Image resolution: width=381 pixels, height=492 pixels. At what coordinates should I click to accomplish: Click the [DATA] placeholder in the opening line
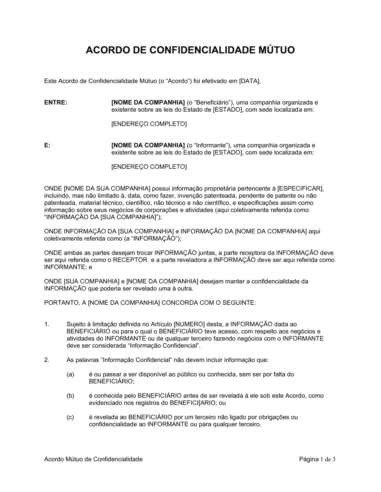point(250,81)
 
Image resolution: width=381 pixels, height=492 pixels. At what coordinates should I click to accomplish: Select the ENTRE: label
point(56,103)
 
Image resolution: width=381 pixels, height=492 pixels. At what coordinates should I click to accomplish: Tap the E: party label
point(47,145)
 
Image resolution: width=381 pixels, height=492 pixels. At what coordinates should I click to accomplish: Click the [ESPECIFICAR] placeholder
point(300,188)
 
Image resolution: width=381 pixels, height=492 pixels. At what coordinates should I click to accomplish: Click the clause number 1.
point(46,324)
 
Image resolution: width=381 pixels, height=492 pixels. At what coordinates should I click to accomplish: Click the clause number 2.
point(46,360)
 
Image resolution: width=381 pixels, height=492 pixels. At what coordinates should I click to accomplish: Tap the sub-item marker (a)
point(70,374)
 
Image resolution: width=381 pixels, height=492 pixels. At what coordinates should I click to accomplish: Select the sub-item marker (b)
point(70,396)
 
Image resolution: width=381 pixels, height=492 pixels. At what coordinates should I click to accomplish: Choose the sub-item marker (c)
point(70,417)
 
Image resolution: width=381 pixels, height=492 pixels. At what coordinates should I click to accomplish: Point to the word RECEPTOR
point(130,260)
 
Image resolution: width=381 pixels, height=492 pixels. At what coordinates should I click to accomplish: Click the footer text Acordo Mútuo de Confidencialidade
point(93,459)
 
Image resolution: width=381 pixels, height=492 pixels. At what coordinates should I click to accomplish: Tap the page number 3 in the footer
point(334,459)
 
